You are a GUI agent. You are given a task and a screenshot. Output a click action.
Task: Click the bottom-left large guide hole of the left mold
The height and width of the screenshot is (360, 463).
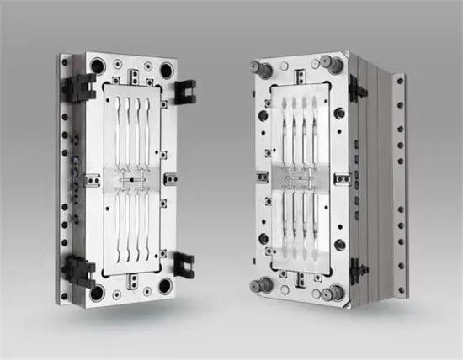point(98,291)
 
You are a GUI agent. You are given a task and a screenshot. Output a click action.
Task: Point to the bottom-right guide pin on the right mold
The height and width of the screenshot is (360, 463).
point(338,291)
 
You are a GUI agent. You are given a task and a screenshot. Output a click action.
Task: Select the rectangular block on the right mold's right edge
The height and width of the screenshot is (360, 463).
point(343,178)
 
